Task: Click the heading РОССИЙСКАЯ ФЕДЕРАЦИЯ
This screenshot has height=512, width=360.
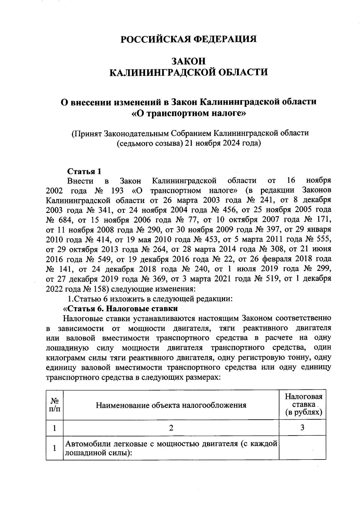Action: coord(188,39)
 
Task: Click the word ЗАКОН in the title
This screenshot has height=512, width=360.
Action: coord(188,61)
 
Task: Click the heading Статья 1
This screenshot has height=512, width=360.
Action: coord(84,171)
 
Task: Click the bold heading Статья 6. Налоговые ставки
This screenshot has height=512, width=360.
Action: coord(120,309)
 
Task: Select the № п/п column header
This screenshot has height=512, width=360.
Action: coord(54,405)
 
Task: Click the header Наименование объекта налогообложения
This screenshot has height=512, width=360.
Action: coord(171,406)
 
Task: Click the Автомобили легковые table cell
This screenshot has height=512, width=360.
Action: coord(171,448)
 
